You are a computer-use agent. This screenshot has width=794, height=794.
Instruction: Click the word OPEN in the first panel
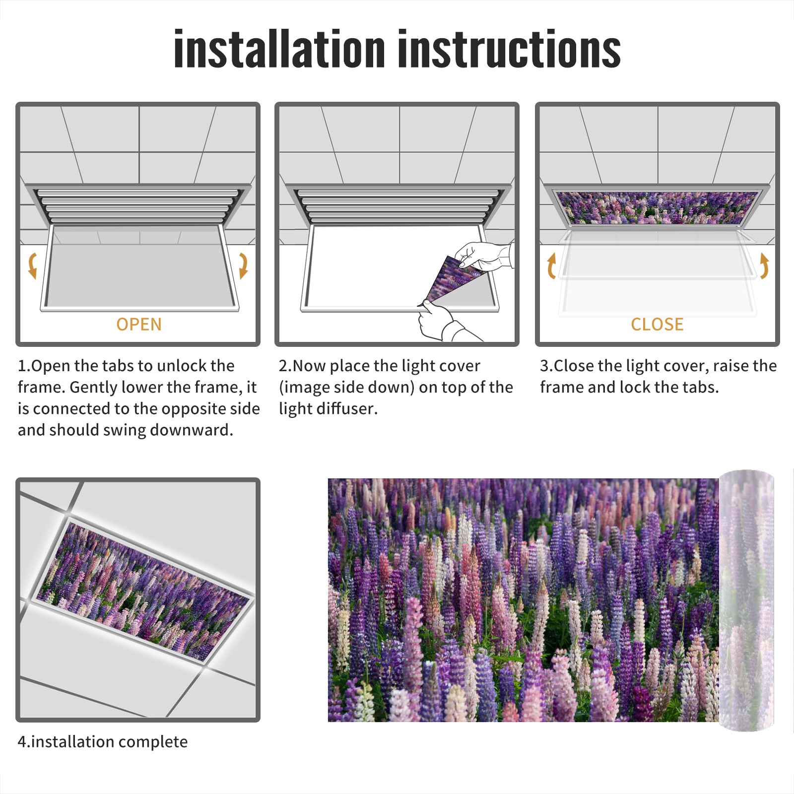click(139, 325)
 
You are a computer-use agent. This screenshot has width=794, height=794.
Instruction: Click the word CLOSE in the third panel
click(657, 325)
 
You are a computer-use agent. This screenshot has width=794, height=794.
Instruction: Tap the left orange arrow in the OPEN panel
click(32, 265)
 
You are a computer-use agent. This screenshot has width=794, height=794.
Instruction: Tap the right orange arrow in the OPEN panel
click(243, 265)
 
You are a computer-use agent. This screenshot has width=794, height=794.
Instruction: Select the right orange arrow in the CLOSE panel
click(765, 265)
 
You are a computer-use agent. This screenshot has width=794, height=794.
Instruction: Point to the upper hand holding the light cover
click(484, 256)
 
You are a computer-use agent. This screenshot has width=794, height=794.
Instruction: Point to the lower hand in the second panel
click(444, 323)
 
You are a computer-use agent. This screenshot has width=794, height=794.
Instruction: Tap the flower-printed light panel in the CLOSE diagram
click(657, 207)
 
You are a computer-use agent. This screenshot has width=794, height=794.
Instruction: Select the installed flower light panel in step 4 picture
click(143, 590)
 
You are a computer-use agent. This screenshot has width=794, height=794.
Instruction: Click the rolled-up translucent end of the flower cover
click(746, 600)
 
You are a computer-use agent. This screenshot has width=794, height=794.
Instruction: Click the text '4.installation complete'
click(103, 742)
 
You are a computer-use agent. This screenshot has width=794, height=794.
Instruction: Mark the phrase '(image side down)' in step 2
click(346, 388)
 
